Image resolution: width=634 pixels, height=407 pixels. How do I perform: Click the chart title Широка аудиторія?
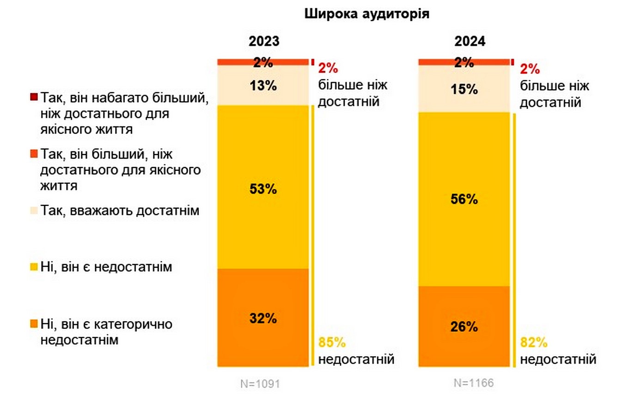[x=367, y=14]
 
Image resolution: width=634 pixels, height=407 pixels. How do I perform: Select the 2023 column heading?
[x=264, y=41]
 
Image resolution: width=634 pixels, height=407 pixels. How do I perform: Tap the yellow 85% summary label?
[x=332, y=343]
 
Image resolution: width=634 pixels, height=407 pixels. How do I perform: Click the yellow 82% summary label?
[x=534, y=343]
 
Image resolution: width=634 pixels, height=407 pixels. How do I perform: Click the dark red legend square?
[x=33, y=97]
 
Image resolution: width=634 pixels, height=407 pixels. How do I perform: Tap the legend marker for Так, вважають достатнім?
[x=33, y=211]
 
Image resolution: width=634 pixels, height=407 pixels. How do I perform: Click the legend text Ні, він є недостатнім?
[x=106, y=267]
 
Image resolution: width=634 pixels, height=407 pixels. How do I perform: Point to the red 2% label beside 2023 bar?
[x=328, y=69]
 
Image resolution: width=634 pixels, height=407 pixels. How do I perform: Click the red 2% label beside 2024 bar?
[x=530, y=69]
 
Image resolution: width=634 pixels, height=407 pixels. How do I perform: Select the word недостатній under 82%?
[x=558, y=359]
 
